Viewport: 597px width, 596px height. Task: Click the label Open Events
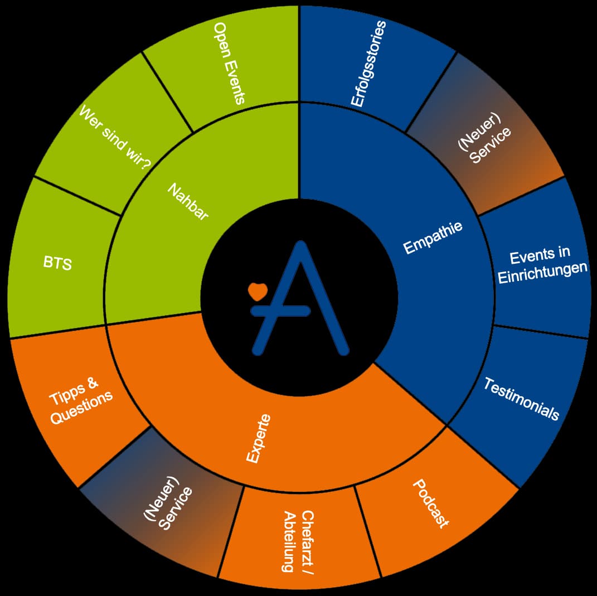[x=229, y=63]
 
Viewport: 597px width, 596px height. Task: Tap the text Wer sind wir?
[x=115, y=138]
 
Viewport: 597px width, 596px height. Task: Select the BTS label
[x=57, y=263]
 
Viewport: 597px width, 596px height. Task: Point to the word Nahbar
[x=188, y=201]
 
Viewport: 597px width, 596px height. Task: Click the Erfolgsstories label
[x=368, y=64]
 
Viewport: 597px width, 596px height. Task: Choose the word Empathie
[x=433, y=237]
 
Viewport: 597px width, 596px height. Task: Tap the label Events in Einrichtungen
[x=542, y=265]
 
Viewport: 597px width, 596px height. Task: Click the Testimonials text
[x=521, y=399]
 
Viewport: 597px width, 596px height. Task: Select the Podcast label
[x=431, y=504]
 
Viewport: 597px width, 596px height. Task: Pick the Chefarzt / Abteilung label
[x=299, y=541]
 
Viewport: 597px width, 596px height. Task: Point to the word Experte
[x=259, y=439]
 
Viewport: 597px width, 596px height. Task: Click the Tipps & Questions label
[x=81, y=401]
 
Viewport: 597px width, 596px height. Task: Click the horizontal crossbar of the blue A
[x=280, y=311]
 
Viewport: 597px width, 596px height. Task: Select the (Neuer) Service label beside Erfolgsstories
[x=484, y=139]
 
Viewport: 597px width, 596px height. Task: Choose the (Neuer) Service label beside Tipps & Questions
[x=168, y=503]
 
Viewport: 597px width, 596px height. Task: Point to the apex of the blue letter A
[x=301, y=244]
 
